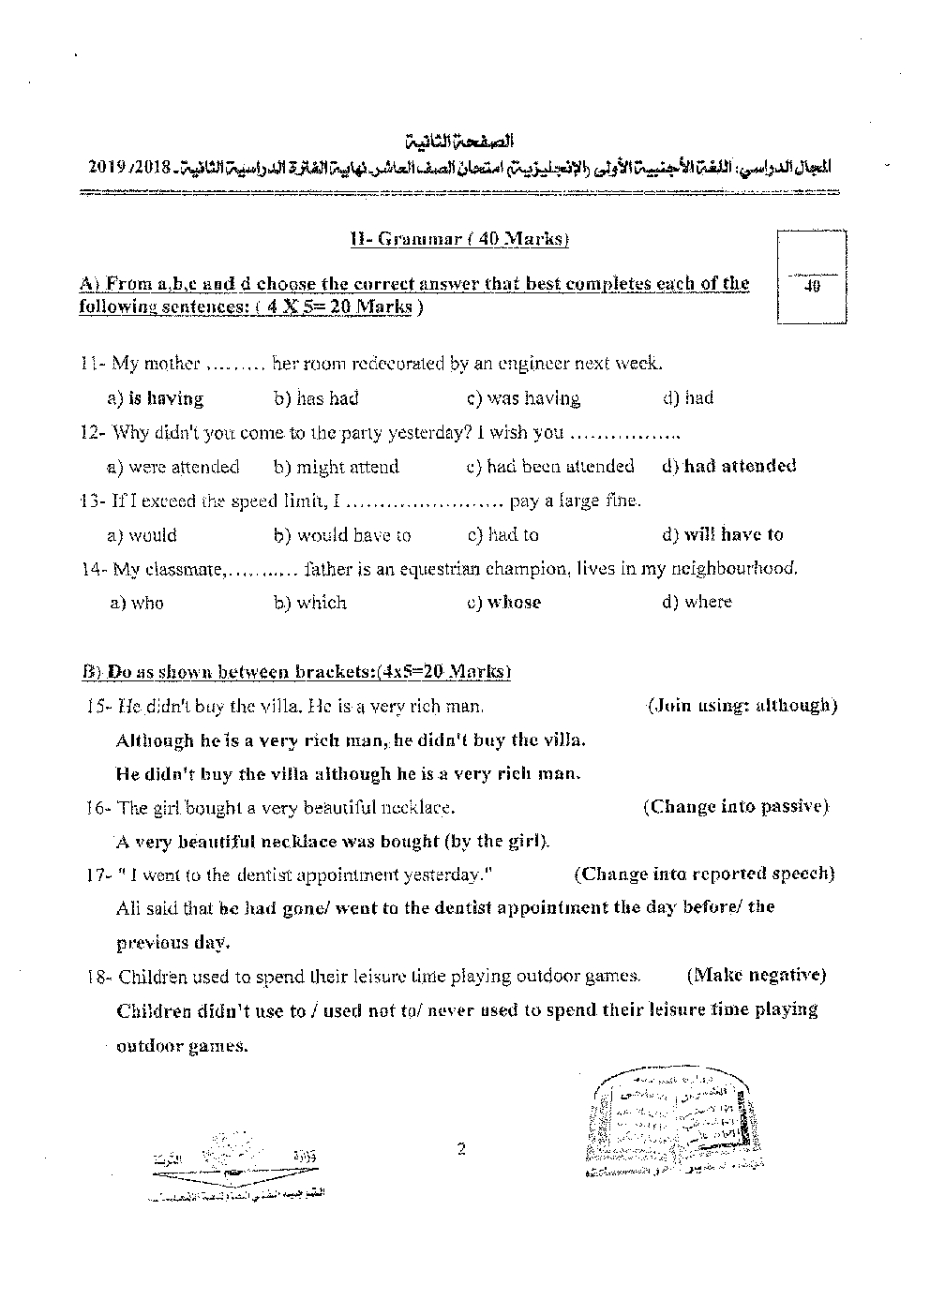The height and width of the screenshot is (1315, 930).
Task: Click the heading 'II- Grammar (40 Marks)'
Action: tap(458, 239)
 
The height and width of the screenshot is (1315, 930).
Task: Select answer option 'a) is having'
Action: tap(156, 398)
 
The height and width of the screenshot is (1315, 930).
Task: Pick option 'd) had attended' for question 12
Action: tap(728, 466)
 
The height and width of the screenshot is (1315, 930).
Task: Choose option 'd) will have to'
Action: tap(722, 534)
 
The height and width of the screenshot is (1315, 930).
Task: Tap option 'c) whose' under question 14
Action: tap(503, 602)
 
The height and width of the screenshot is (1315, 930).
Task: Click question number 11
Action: tap(93, 364)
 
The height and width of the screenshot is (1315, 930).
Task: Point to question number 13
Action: tap(93, 501)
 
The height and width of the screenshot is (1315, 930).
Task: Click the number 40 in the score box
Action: tap(813, 286)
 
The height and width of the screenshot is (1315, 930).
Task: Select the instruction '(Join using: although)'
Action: tap(742, 705)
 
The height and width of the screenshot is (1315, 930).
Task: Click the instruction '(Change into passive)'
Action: tap(736, 806)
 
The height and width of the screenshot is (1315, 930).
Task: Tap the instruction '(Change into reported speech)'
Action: tap(704, 874)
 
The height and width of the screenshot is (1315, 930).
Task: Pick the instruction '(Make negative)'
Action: tap(757, 975)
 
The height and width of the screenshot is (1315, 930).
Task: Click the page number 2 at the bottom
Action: tap(461, 1149)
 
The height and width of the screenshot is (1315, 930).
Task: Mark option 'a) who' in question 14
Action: tap(137, 603)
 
